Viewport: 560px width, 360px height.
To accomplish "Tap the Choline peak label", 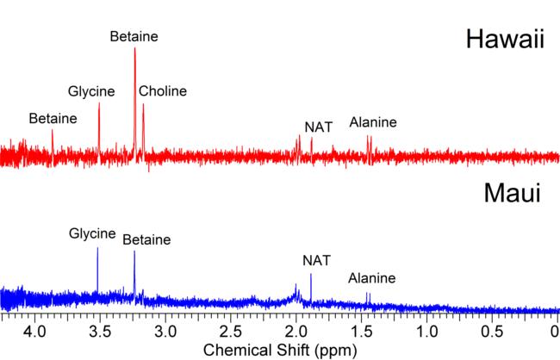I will tap(162, 90).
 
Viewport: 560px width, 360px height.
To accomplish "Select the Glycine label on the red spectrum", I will tap(91, 90).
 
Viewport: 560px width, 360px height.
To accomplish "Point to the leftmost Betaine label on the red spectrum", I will tap(53, 118).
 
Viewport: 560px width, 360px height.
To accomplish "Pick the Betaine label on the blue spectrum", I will tap(146, 240).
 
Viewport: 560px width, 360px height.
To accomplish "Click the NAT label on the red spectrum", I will tap(319, 127).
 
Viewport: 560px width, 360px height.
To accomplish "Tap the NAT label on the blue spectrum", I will tap(316, 260).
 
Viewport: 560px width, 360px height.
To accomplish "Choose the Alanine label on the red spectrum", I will tap(373, 122).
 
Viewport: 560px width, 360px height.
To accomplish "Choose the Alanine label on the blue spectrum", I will tap(372, 278).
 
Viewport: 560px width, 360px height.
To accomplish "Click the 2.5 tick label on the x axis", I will tap(230, 331).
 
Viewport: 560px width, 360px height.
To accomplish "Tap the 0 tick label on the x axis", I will tap(555, 331).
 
